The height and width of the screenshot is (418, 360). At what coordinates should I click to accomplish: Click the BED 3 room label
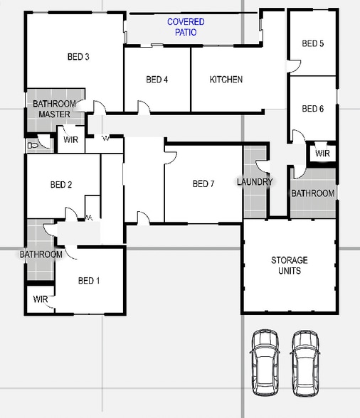[78, 57]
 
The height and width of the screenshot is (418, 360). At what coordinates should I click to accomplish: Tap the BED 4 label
[157, 80]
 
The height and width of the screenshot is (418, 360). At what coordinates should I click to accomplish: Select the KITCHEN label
[226, 80]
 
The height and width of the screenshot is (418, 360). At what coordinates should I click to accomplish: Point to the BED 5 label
[312, 43]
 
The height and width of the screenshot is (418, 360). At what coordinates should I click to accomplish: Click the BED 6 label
[312, 109]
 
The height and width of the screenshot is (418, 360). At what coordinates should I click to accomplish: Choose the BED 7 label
[203, 184]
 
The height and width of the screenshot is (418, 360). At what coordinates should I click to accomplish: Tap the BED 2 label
[61, 185]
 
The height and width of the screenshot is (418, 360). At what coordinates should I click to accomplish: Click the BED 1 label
[88, 281]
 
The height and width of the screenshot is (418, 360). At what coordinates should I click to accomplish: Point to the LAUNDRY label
[255, 182]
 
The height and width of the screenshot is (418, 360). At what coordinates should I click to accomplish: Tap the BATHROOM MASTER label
[54, 109]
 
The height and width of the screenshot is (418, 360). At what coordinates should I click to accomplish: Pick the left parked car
[265, 363]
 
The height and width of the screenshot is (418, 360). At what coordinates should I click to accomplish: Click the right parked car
[305, 363]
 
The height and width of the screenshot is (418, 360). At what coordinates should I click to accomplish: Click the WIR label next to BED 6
[322, 154]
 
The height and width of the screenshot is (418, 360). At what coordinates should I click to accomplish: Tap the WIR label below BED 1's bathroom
[41, 299]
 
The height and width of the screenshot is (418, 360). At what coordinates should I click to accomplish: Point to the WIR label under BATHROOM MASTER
[70, 140]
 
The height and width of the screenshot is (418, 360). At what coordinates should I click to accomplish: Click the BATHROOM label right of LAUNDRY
[312, 193]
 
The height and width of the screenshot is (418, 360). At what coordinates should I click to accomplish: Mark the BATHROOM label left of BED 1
[41, 254]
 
